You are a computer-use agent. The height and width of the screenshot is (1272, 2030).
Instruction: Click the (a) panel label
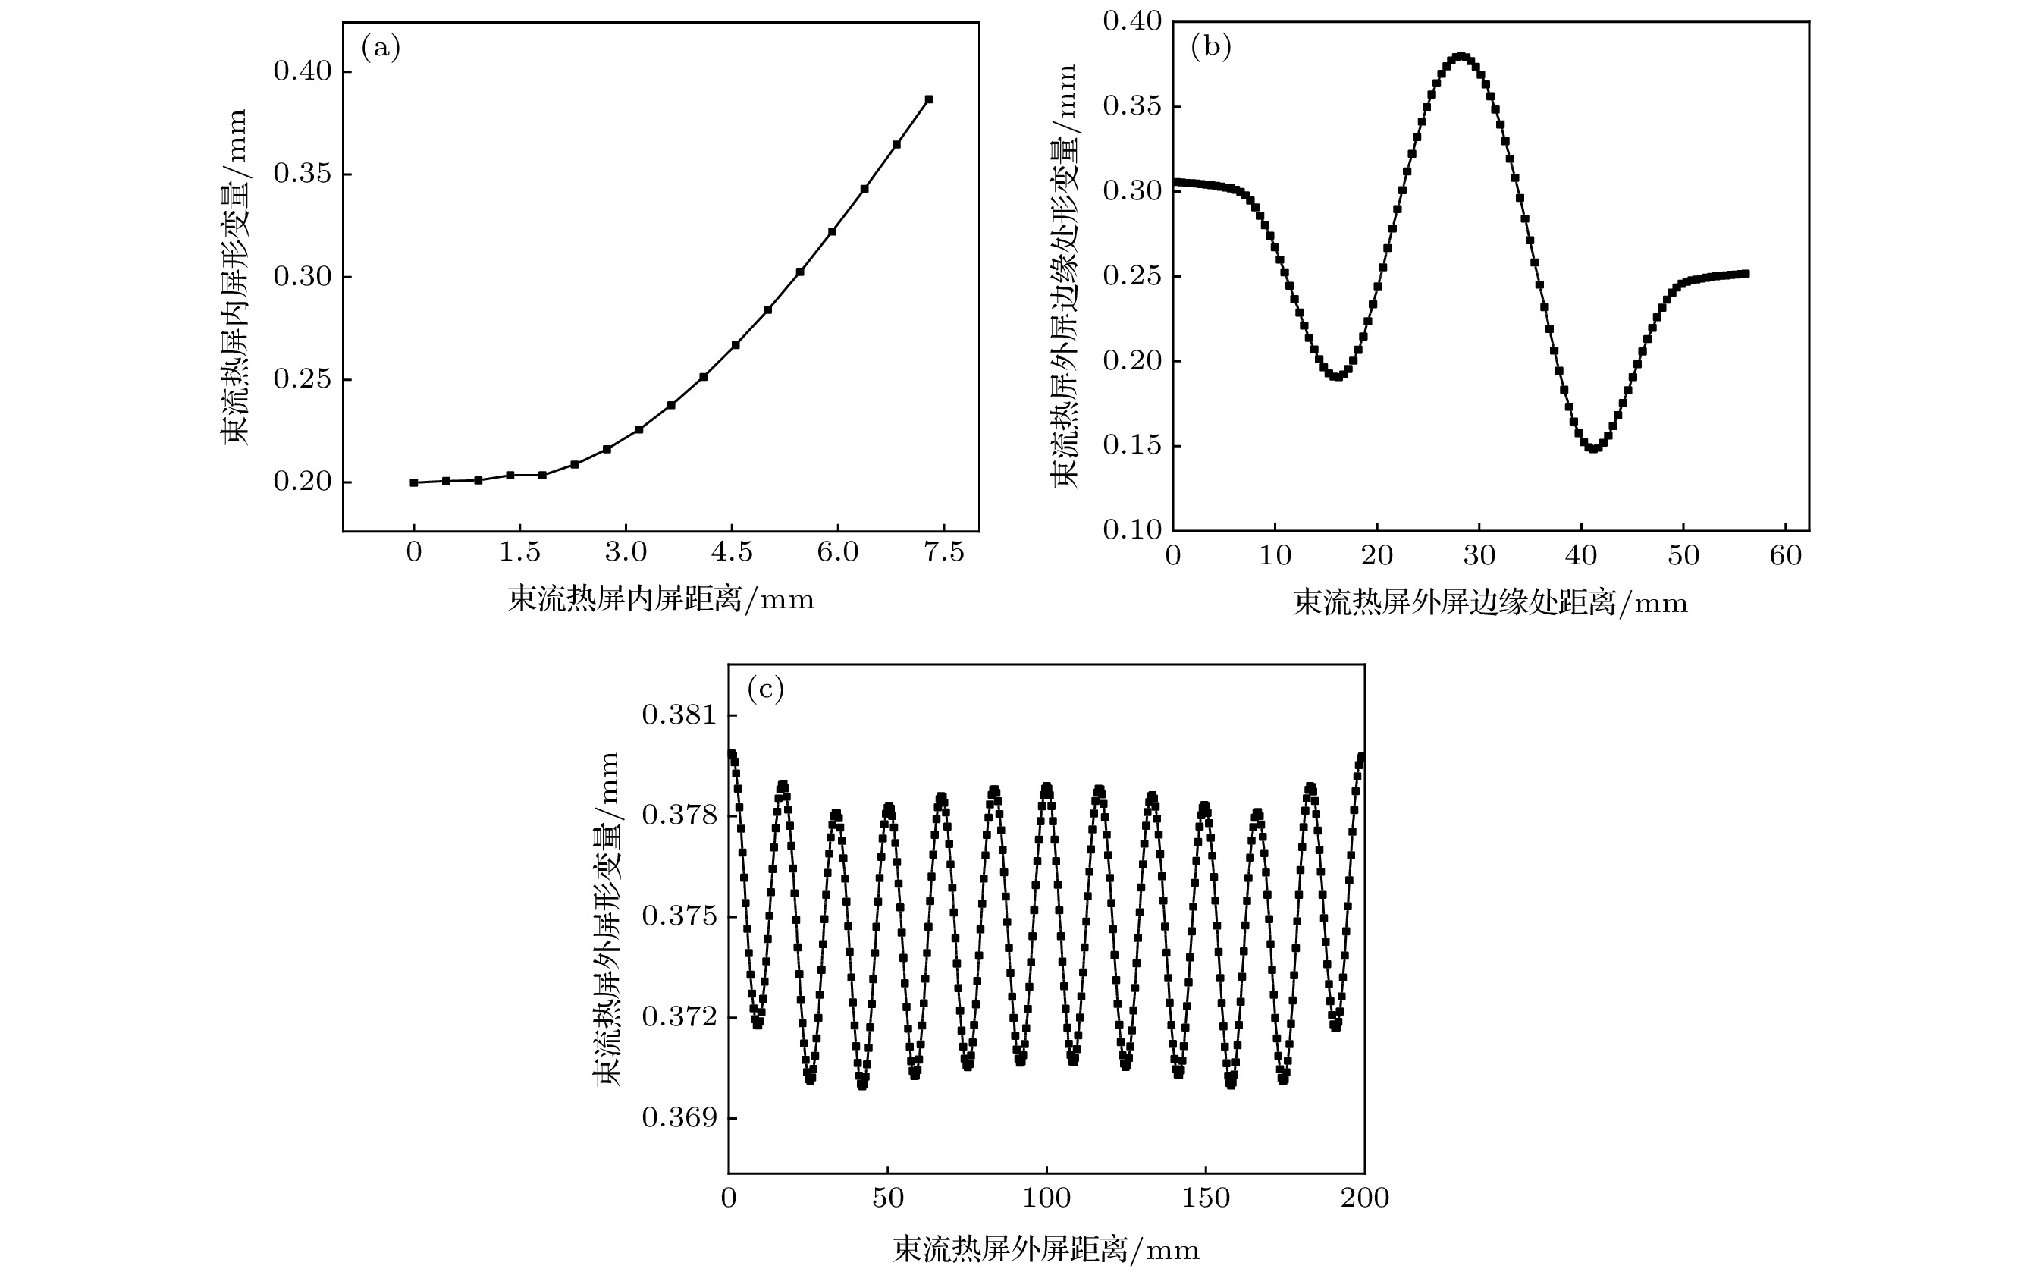click(380, 49)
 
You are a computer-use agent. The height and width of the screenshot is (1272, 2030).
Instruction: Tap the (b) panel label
click(1211, 47)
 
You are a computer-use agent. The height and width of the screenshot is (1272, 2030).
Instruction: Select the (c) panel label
click(765, 689)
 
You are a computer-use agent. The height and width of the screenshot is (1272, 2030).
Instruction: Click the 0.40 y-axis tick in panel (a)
click(303, 71)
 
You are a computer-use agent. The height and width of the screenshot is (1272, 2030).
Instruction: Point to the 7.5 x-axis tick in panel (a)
click(943, 553)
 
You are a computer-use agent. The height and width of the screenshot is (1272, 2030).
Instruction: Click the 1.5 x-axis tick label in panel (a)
click(519, 553)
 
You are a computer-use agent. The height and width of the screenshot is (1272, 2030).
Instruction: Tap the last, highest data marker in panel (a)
click(928, 99)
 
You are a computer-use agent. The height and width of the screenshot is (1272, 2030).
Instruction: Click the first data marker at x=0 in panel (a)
click(414, 483)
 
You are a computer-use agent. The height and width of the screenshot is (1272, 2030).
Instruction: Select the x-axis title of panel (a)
click(661, 600)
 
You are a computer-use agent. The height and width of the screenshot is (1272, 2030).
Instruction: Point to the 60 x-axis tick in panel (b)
click(1784, 556)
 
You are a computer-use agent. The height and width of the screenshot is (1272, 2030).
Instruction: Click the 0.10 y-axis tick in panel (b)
click(1132, 530)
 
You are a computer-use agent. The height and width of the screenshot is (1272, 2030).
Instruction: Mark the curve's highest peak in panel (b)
click(1461, 57)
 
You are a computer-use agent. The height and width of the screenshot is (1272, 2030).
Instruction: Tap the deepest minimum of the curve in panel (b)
click(1592, 448)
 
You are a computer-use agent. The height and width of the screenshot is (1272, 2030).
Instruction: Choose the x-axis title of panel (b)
click(1490, 603)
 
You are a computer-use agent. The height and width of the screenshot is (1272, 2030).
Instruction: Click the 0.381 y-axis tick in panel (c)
click(679, 715)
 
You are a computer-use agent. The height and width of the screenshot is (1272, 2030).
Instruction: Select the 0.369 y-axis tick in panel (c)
click(679, 1118)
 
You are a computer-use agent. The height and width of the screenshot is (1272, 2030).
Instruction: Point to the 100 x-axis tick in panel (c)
click(1046, 1198)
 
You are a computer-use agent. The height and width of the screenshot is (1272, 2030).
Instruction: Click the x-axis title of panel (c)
click(1046, 1249)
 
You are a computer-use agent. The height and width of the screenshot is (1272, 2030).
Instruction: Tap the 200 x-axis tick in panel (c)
click(1364, 1198)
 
